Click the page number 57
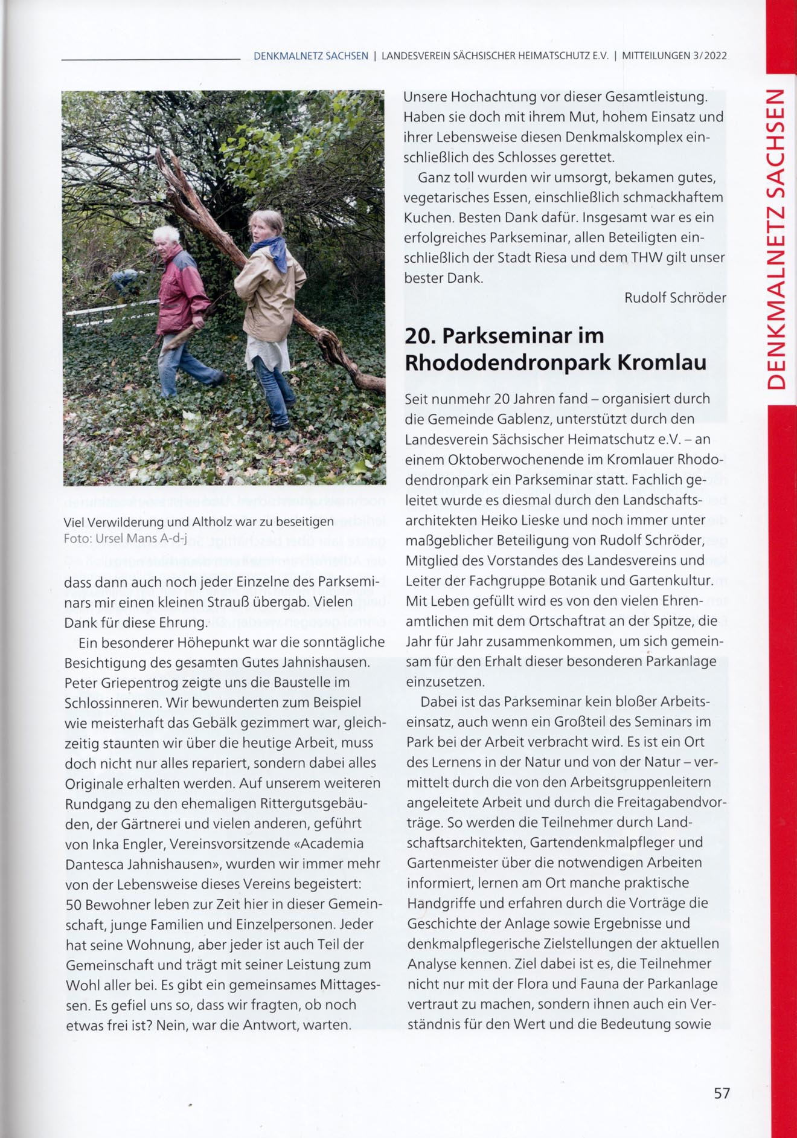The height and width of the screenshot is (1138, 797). (x=722, y=1093)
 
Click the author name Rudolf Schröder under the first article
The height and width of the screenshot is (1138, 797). (x=674, y=298)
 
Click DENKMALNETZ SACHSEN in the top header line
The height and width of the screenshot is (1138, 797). (x=310, y=56)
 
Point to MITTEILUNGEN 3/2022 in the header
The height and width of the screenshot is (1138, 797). (x=674, y=56)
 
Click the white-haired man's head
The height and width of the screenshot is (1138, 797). (x=165, y=239)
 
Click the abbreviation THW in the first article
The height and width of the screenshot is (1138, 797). (x=646, y=258)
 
